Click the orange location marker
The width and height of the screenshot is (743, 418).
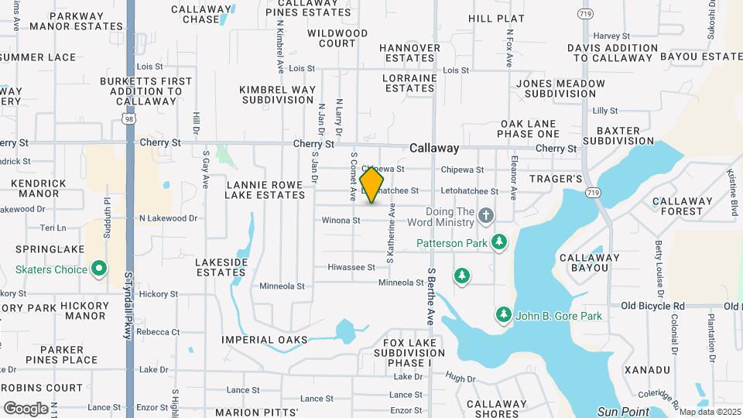point(372,185)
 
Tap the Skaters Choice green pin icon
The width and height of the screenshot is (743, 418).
point(99,269)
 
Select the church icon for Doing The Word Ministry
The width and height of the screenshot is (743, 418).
point(485,215)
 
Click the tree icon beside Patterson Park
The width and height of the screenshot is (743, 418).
point(499,242)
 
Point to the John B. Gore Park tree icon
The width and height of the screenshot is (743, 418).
point(503,314)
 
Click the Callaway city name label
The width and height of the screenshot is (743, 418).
point(434,148)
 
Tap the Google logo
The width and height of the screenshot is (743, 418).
point(26,408)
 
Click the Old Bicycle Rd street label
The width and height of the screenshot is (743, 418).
point(652,306)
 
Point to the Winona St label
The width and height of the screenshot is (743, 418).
point(341,221)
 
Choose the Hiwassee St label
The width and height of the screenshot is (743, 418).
point(351,267)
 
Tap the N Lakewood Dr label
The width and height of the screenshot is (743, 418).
point(168,218)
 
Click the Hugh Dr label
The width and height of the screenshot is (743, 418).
point(460,379)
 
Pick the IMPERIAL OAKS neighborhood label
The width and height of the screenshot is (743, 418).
point(264,340)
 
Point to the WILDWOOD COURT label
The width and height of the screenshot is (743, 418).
point(337,39)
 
